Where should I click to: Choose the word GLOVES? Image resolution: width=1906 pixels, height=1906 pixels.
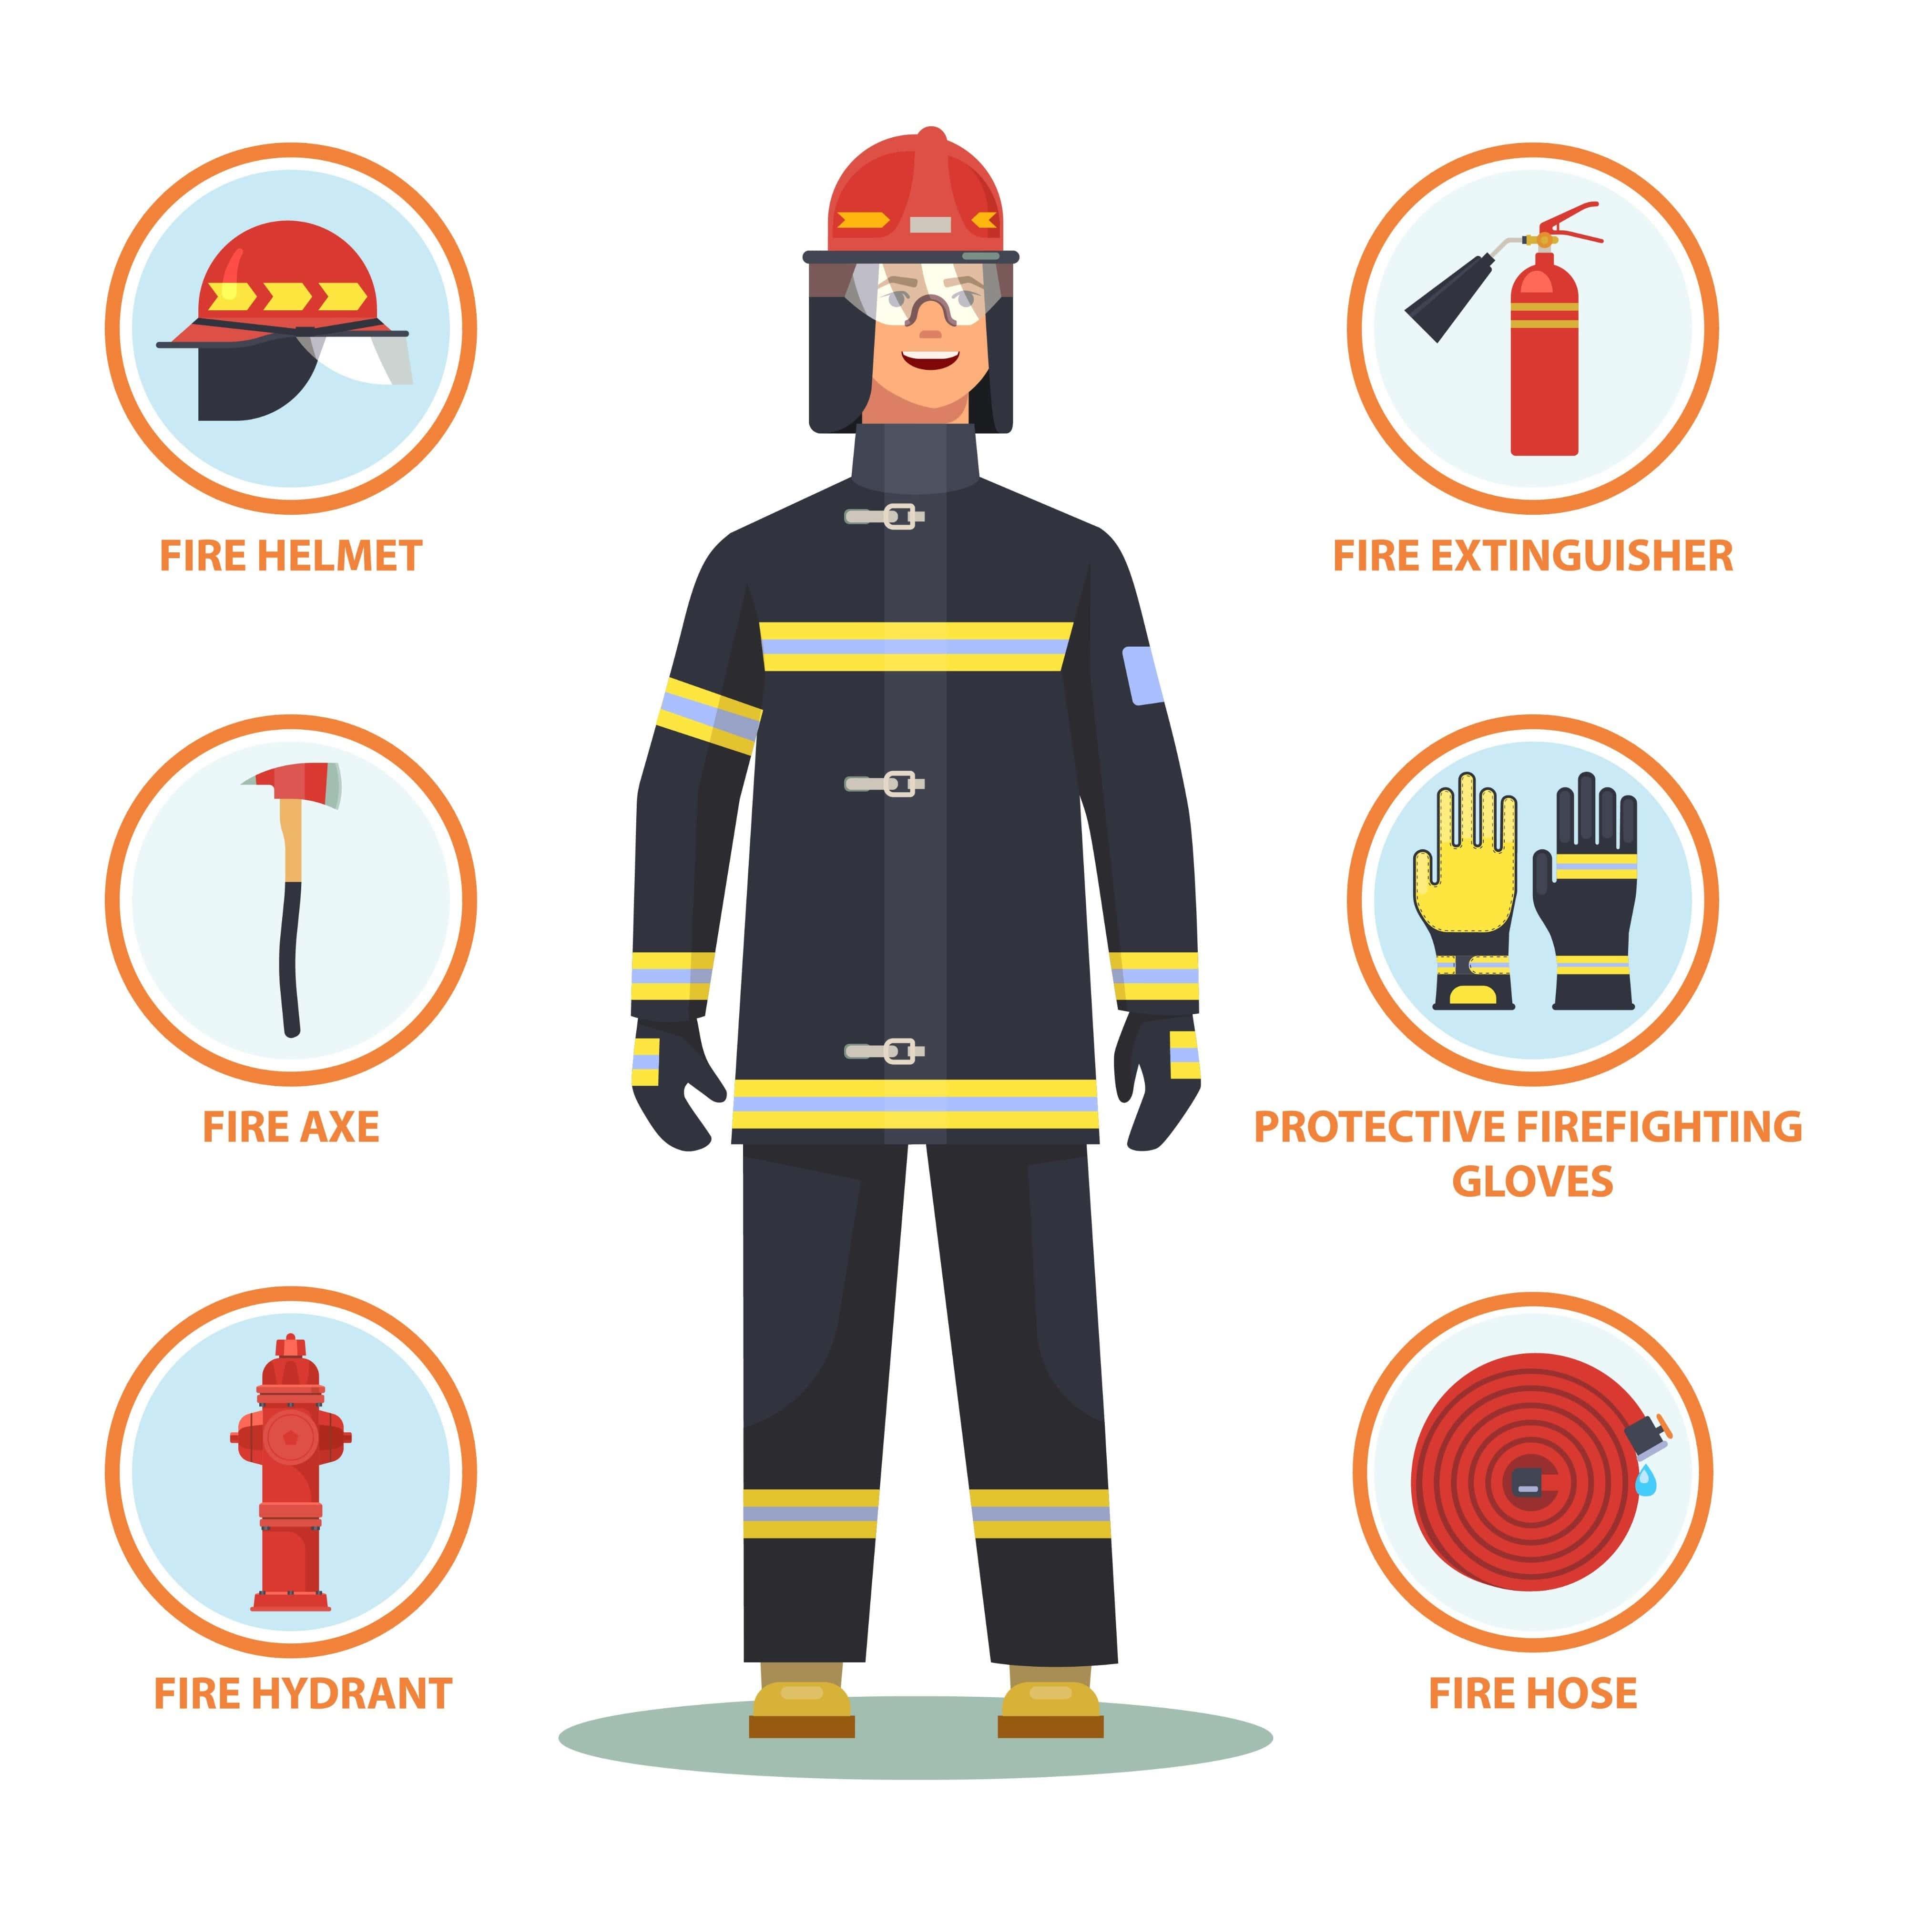(x=1532, y=1181)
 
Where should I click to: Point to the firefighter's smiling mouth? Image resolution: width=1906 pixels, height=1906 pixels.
(x=930, y=359)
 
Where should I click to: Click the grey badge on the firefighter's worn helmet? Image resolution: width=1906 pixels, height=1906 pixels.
(x=930, y=225)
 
